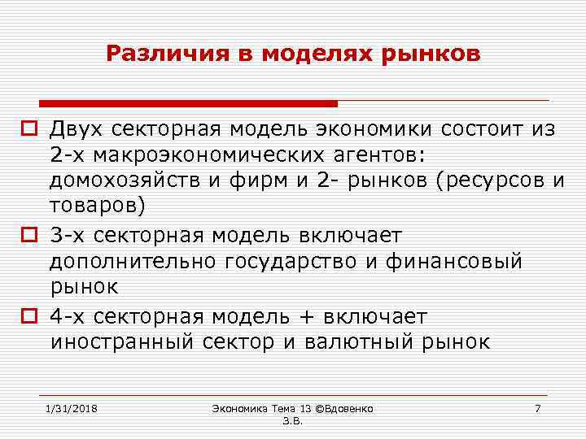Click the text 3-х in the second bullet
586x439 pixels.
pos(68,237)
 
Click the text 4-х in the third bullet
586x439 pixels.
pos(68,317)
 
